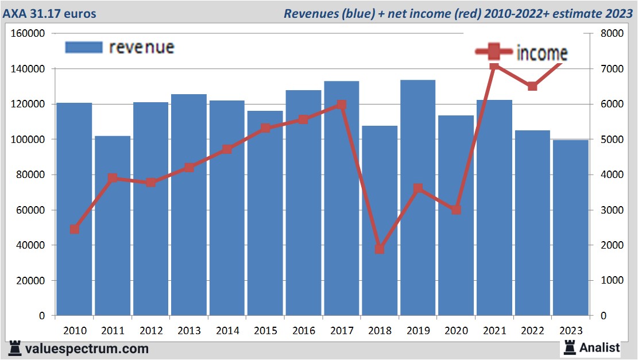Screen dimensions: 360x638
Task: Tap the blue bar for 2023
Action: tap(570, 230)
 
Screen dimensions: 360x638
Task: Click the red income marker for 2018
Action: tap(380, 249)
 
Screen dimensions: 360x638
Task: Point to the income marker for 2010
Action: tap(75, 229)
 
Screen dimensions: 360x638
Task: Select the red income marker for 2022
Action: tap(532, 86)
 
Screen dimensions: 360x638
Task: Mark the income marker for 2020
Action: tap(456, 210)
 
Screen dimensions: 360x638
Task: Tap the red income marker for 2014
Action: tap(227, 149)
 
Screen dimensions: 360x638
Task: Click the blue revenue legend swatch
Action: tap(84, 47)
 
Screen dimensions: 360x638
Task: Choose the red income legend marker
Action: tap(494, 53)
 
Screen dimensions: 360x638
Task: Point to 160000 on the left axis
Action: tap(28, 33)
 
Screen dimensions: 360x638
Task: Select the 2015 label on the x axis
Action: tap(265, 331)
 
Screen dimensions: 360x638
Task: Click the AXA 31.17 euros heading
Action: tap(50, 13)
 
